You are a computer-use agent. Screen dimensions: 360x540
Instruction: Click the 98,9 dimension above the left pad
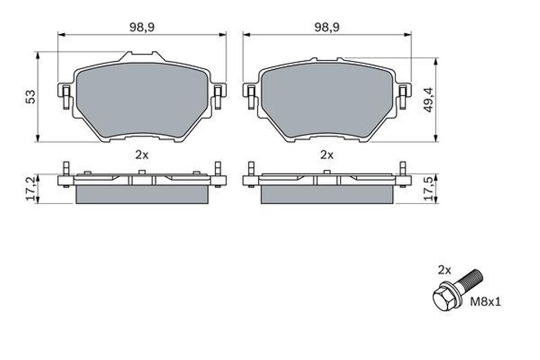142,27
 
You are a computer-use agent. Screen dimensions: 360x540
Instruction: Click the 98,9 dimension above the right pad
327,27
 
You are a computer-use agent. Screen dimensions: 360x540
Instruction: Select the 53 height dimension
30,97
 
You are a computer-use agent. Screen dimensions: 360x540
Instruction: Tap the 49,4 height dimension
428,99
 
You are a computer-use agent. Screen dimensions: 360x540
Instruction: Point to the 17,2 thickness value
30,189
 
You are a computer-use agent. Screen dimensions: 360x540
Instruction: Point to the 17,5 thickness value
428,189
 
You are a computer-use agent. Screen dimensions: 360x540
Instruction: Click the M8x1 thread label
485,301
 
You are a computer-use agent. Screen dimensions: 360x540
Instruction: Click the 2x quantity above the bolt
444,270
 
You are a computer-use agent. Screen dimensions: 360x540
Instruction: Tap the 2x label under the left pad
142,155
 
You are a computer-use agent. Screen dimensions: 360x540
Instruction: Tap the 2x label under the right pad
327,155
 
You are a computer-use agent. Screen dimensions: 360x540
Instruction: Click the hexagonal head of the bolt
442,298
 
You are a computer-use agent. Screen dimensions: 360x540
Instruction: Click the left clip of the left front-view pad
65,95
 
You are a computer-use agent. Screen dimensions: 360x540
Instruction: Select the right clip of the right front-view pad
403,95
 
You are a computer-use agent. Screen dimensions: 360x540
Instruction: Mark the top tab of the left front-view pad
142,57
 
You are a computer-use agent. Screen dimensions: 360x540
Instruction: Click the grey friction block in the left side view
142,195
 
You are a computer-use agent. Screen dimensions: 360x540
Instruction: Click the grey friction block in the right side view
327,195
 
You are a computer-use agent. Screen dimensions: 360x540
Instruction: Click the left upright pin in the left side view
66,169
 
